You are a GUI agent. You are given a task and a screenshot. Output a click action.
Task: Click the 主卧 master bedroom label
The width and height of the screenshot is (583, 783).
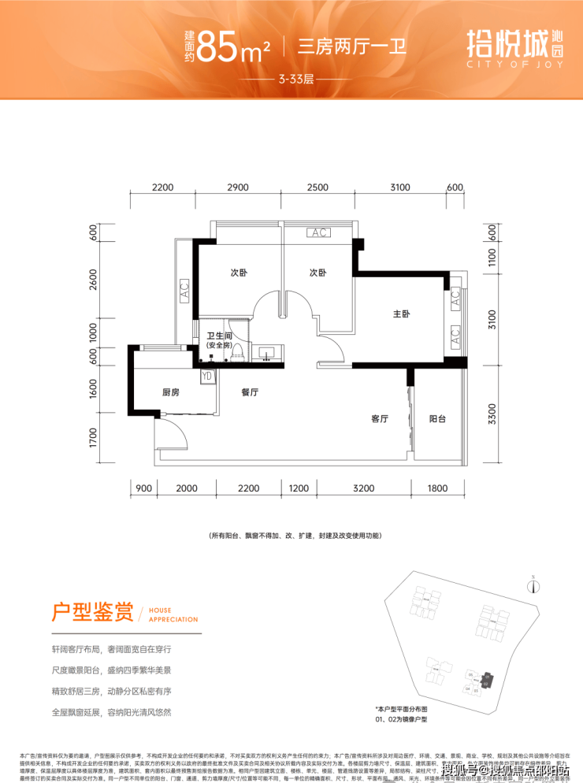(x=402, y=314)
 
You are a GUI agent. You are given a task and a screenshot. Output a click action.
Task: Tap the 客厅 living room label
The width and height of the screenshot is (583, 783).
(x=381, y=419)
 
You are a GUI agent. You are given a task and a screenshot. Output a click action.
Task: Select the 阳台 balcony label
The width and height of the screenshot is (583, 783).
(x=438, y=419)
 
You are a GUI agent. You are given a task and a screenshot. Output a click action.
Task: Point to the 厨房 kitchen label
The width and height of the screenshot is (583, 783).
(x=172, y=391)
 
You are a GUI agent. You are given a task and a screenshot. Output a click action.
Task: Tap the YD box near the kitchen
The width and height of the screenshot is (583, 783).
(x=207, y=376)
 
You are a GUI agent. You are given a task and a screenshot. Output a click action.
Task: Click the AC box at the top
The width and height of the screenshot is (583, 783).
(x=318, y=233)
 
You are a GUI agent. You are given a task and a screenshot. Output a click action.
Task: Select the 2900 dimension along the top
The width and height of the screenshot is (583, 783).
(x=237, y=187)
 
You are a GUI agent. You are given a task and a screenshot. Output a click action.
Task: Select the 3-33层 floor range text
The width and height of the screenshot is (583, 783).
(x=291, y=80)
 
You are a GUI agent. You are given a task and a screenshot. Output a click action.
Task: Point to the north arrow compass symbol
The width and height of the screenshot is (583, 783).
(x=534, y=585)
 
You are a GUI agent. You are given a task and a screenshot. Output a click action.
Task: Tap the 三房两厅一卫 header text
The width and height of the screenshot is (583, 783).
(x=351, y=44)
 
